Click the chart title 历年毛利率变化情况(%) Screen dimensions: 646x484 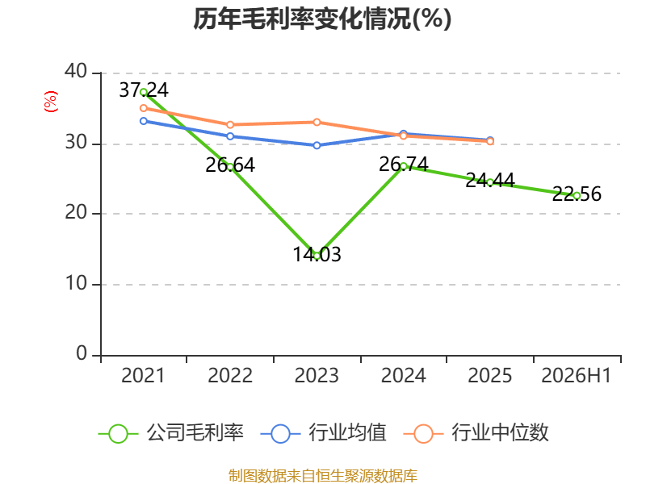322,19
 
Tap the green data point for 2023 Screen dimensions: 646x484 317,256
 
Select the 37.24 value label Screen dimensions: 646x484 144,90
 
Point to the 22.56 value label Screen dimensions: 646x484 577,194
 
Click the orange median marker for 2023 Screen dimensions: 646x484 317,123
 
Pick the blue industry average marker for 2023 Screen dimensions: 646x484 317,145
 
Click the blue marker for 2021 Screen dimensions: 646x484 144,121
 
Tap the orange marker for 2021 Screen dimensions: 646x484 144,108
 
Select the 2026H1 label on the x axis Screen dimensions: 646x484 577,376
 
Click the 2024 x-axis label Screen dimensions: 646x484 403,376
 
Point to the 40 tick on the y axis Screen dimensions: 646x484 76,72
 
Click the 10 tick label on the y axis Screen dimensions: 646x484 76,284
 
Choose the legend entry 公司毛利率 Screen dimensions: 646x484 171,433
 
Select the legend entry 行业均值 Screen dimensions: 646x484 324,433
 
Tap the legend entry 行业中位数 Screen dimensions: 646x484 476,433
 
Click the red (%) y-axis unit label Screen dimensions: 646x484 51,102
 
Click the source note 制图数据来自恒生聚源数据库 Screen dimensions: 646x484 323,476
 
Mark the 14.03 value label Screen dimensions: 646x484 317,254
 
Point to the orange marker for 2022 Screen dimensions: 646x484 230,125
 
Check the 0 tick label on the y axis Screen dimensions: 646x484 82,354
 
